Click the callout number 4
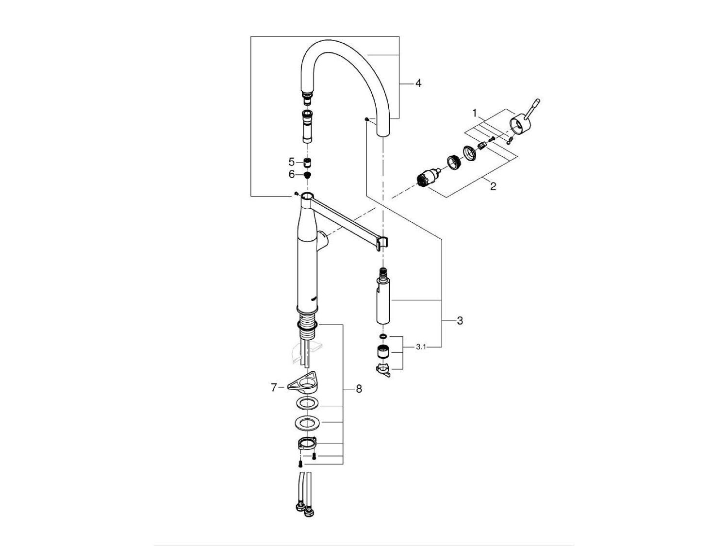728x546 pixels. (x=418, y=83)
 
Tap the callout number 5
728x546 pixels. (x=292, y=162)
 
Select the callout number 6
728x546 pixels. (x=292, y=174)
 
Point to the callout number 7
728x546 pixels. (x=274, y=387)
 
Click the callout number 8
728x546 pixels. (x=359, y=389)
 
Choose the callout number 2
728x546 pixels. (x=493, y=186)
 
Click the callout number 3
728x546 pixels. (x=460, y=320)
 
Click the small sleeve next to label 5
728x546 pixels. (x=307, y=162)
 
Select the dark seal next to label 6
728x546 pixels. (x=307, y=175)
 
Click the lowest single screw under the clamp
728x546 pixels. (x=300, y=463)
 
